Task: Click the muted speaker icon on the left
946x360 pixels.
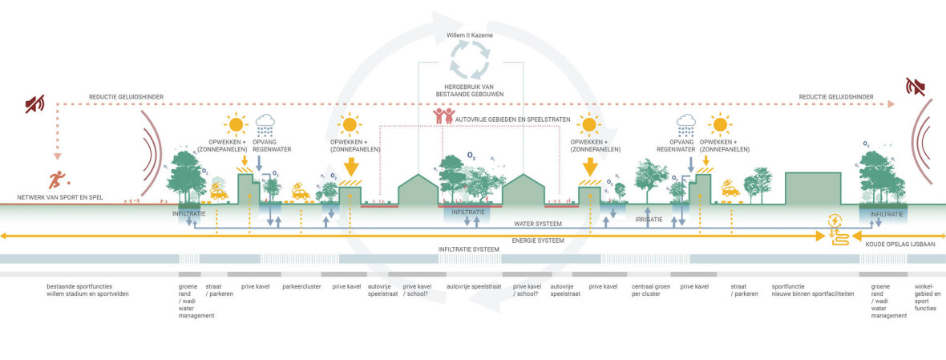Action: click(x=34, y=104)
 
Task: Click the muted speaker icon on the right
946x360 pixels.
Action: click(x=914, y=87)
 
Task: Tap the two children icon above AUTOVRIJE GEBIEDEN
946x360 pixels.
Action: click(x=443, y=116)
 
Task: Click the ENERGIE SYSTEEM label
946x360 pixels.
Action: click(x=539, y=240)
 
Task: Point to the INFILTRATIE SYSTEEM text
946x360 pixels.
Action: click(x=469, y=249)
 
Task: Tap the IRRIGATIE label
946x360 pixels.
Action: click(x=649, y=218)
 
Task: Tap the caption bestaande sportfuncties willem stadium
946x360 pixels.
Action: click(x=87, y=290)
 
